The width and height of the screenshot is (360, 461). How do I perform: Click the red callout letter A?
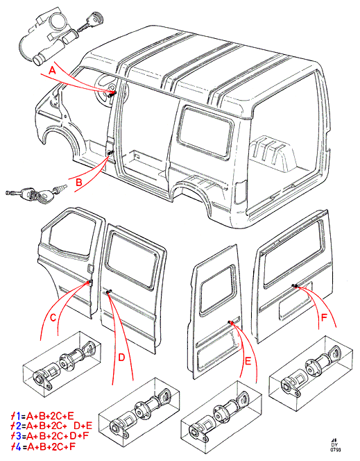point(52,71)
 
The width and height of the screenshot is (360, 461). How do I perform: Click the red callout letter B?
point(78,183)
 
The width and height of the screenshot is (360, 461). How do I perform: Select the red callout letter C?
point(53,318)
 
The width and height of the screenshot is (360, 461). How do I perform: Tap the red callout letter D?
point(121,358)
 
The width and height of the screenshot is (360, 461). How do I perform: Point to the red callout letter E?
point(248,361)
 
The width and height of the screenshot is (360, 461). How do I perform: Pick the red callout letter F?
point(324,318)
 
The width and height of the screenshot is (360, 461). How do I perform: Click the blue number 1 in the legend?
point(18,416)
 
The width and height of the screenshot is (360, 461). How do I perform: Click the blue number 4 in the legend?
point(18,447)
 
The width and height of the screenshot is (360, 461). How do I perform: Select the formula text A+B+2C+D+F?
point(55,436)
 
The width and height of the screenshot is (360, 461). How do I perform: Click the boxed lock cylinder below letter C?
point(62,364)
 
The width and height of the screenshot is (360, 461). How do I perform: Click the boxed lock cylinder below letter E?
point(221,414)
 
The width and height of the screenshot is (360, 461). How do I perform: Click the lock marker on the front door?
point(89,283)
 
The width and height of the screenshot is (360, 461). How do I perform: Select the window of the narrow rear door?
point(217,290)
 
